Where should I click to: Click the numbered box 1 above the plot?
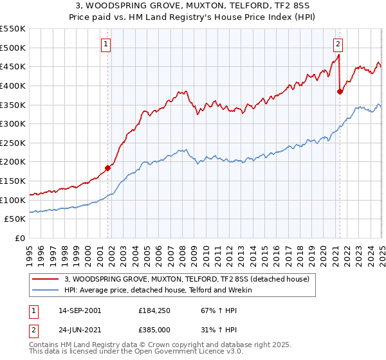click(105, 44)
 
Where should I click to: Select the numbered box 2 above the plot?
click(338, 44)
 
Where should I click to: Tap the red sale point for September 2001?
click(107, 168)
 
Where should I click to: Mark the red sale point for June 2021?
click(340, 91)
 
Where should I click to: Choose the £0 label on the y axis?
click(19, 238)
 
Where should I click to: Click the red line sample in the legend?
click(46, 279)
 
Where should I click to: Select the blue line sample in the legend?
click(46, 290)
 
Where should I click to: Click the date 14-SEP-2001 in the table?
click(78, 310)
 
